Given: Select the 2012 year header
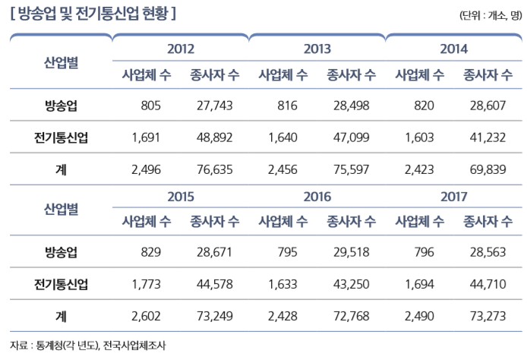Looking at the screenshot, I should pos(180,50).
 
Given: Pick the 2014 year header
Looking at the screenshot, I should pos(453,50).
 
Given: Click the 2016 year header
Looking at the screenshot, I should pos(317,197).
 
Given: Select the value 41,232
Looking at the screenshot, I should pos(488,138).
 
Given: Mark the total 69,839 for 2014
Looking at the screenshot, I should pos(488,170).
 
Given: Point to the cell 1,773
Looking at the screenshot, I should pos(146,285).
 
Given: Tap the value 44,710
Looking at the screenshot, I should pos(488,285).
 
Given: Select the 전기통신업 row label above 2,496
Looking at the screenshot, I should pos(61,138).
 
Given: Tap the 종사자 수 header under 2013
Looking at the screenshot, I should pos(351,74).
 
